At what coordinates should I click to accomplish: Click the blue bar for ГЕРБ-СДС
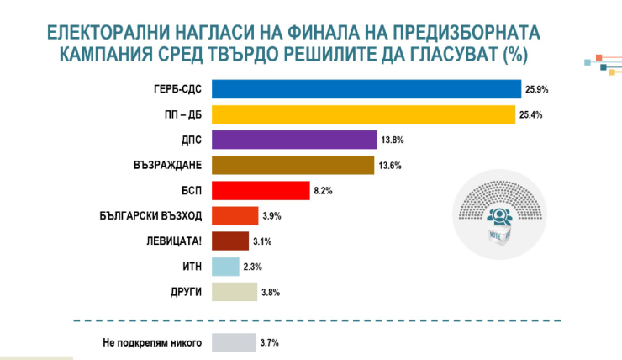click(x=366, y=88)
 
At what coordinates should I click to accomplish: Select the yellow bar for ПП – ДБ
click(x=363, y=114)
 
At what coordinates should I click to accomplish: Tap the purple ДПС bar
click(x=293, y=140)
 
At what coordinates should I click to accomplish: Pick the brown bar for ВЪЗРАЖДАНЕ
click(x=292, y=165)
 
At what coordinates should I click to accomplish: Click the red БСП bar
click(x=260, y=191)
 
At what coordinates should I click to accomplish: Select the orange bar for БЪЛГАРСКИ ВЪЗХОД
click(x=235, y=216)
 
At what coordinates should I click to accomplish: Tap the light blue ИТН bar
click(x=225, y=267)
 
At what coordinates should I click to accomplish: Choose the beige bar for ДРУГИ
click(x=234, y=292)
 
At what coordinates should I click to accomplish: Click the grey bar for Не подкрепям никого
click(x=234, y=342)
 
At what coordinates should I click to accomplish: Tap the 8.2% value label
click(x=324, y=191)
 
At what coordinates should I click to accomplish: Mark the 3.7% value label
click(x=270, y=342)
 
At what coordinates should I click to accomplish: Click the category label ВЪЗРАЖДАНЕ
click(x=169, y=165)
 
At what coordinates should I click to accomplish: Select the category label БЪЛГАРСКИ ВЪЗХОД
click(x=151, y=216)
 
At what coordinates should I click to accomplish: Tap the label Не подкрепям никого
click(x=147, y=342)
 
